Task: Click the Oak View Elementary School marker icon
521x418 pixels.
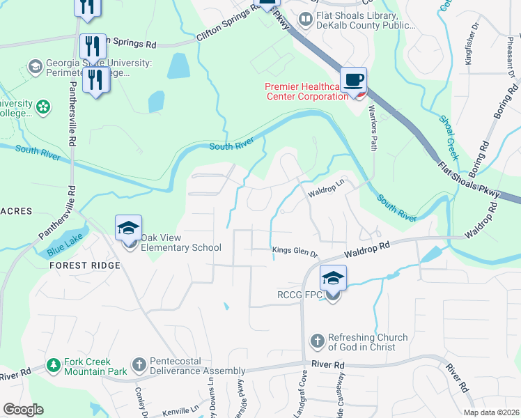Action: [129, 229]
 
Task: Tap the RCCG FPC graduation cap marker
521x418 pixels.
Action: [333, 279]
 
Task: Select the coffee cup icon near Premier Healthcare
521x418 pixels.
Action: [353, 79]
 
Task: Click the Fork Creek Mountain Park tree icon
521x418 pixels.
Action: [53, 365]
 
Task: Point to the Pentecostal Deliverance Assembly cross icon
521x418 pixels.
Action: [139, 365]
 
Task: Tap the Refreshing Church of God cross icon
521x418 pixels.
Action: [317, 341]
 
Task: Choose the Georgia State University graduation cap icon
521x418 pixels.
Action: [35, 67]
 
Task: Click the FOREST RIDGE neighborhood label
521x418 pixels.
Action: [85, 265]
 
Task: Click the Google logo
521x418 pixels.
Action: [23, 410]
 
